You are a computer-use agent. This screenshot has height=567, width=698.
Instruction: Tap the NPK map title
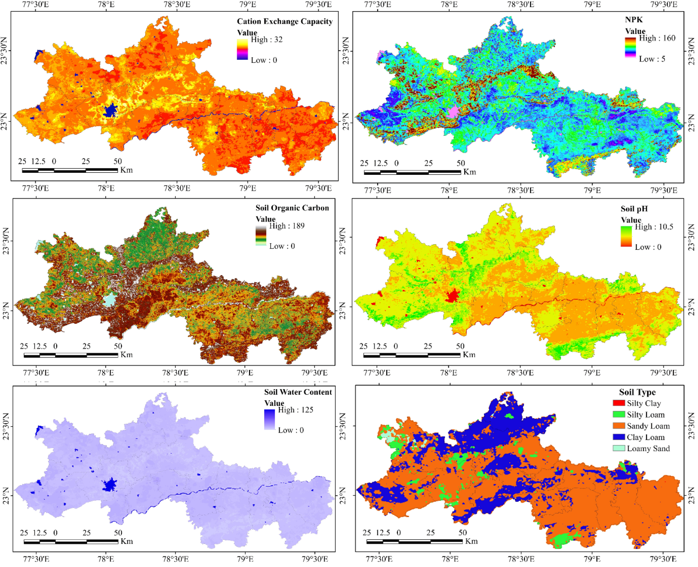tap(633, 20)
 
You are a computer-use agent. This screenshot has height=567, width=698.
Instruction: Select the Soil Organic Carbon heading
tap(292, 208)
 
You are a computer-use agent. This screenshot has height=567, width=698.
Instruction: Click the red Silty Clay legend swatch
tap(619, 403)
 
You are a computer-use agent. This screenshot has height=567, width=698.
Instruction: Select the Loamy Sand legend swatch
tap(619, 449)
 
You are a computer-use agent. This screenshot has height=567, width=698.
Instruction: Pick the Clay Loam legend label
tap(645, 437)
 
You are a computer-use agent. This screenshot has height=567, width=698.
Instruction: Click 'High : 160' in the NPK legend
tap(657, 38)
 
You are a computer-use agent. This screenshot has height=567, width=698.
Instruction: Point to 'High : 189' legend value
tap(286, 226)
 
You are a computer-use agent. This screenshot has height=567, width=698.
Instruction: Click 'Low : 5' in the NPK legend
tap(652, 59)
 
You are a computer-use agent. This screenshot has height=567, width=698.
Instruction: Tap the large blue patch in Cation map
tap(110, 110)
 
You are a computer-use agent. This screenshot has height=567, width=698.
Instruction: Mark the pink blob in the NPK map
tap(453, 112)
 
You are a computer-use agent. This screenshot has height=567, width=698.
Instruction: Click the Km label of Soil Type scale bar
tap(471, 541)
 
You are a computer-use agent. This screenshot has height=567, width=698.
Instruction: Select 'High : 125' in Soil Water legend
tap(295, 410)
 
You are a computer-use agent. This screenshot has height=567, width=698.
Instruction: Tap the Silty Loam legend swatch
tap(619, 414)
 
